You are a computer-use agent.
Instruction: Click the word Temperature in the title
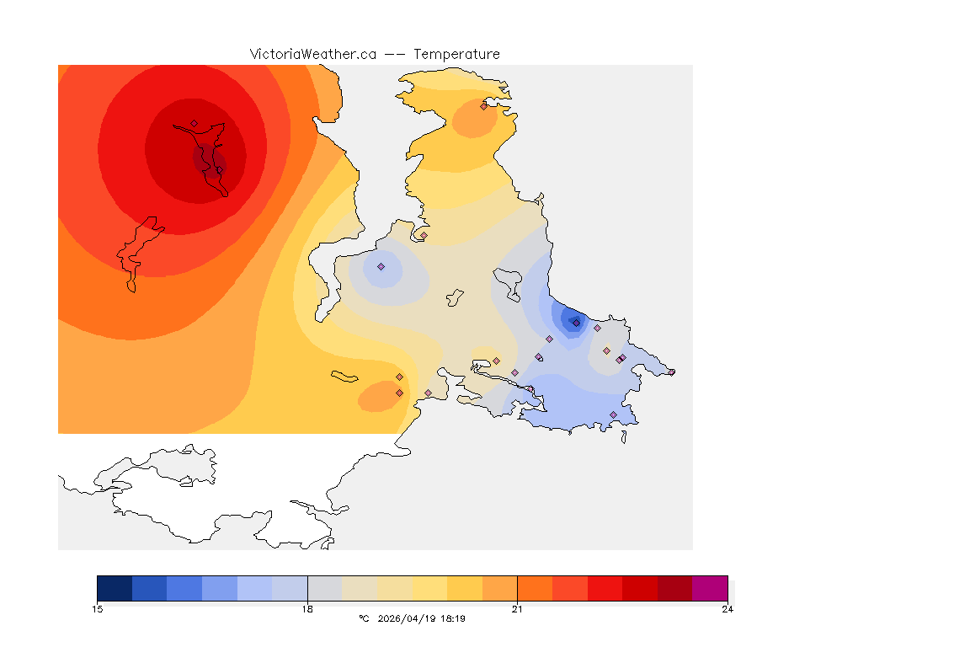point(456,54)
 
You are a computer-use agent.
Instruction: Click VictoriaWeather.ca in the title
point(312,54)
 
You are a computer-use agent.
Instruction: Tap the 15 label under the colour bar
point(98,608)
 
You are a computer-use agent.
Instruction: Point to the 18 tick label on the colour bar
point(307,608)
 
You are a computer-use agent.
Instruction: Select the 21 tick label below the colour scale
point(517,608)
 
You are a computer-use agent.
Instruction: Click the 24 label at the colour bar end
point(727,608)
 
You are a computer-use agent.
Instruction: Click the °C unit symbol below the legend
point(364,618)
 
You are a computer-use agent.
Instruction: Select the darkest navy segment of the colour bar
point(115,587)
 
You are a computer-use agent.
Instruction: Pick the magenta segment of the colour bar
point(709,587)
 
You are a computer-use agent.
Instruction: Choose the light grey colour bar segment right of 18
point(325,587)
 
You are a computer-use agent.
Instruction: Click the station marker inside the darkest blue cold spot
point(576,322)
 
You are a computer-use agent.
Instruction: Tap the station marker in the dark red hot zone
point(194,123)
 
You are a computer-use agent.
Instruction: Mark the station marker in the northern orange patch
point(483,106)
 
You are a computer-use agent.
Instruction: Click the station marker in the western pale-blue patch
point(381,266)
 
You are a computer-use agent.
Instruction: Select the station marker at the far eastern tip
point(671,372)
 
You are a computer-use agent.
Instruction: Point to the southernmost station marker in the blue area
point(613,414)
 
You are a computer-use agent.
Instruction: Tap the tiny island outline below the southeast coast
point(623,437)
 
